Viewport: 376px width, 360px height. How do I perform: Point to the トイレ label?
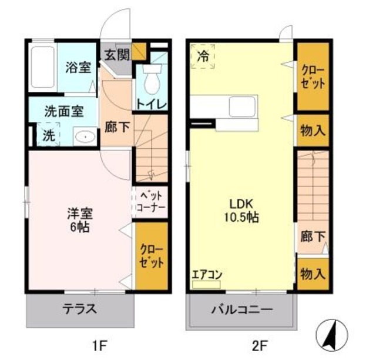tap(152, 105)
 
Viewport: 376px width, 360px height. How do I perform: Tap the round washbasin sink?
tap(86, 136)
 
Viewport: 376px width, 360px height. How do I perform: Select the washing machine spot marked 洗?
tap(48, 135)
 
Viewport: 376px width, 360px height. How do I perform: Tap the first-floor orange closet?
tap(152, 256)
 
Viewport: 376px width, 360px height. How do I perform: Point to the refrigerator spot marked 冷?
tap(203, 57)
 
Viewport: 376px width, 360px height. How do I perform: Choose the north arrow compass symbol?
tap(331, 334)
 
